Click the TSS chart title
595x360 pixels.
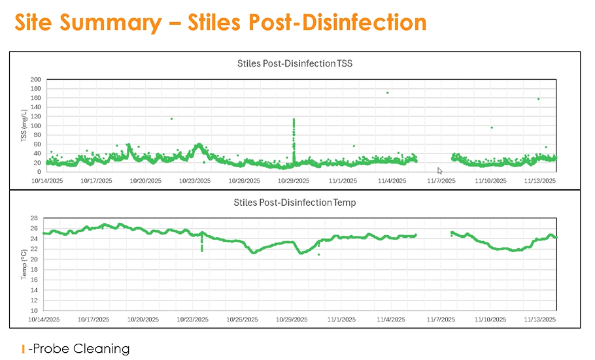(295, 63)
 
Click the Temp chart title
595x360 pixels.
(295, 203)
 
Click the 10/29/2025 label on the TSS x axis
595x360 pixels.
(294, 180)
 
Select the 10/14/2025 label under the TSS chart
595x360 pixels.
(46, 180)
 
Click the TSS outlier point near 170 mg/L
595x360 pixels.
(388, 93)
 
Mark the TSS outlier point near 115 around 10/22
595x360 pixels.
(171, 118)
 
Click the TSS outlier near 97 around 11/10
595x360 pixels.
(492, 127)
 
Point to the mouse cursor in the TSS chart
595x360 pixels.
(440, 171)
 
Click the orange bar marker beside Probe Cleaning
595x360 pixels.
(24, 349)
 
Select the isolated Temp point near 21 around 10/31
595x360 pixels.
(319, 254)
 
